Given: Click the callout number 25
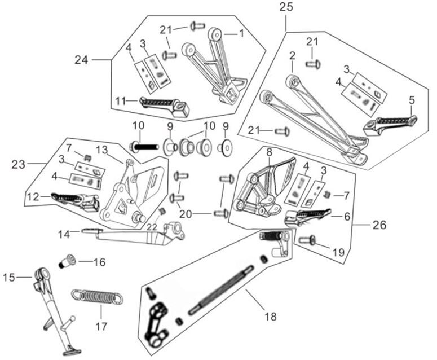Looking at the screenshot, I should click(286, 7).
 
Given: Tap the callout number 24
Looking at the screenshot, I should click(82, 59).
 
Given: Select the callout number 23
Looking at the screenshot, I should click(19, 164).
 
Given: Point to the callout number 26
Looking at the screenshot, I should click(379, 224).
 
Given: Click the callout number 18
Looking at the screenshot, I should click(271, 317).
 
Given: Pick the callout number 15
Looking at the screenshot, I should click(10, 277).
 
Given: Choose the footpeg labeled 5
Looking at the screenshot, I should click(389, 124).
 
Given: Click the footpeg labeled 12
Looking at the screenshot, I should click(73, 200).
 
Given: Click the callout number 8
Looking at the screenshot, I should click(269, 152).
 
